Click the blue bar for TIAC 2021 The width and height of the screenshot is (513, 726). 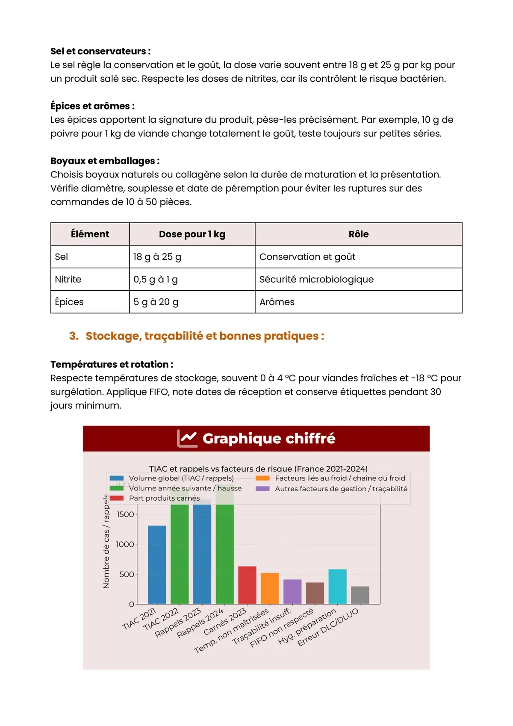pos(157,564)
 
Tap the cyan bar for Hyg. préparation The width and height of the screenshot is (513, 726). pos(337,586)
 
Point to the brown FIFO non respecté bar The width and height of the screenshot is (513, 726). pos(315,593)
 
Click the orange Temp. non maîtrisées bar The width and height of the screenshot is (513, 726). pos(270,588)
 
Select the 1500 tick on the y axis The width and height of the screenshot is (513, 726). pos(125,514)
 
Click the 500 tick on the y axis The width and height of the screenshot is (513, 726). pos(127,574)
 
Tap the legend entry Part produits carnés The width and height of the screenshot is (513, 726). pos(164,498)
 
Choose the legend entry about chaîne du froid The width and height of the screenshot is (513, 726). pos(340,478)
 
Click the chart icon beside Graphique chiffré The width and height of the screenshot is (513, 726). pos(187,438)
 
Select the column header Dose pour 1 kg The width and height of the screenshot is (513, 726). pos(192,234)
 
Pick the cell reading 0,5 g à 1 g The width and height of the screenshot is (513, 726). pos(156,280)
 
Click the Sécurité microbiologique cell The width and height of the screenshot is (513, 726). pos(316,280)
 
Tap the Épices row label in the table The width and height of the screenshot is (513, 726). pos(69,302)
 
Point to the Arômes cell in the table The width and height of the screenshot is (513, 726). pos(277,302)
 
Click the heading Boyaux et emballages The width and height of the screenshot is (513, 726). pos(105,161)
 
